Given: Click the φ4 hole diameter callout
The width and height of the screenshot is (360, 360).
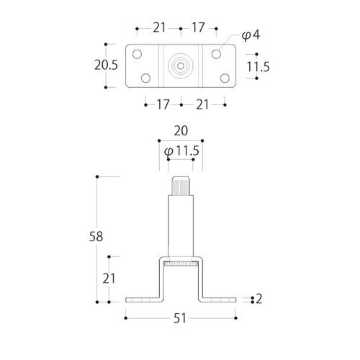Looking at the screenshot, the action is pos(251,35).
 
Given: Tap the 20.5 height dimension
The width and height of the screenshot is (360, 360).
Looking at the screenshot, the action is pos(106,65).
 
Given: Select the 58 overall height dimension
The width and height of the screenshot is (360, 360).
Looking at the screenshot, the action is pos(96,236).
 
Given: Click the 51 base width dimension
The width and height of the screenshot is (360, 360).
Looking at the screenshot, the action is pos(180,318).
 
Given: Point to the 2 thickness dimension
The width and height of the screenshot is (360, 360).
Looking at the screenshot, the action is pos(258,299).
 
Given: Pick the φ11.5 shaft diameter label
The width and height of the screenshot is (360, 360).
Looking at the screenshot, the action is pos(181,151).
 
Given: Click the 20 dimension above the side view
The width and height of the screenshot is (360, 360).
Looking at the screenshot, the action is pos(181,131).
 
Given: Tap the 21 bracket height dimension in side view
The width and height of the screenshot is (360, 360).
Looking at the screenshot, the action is pos(109,279).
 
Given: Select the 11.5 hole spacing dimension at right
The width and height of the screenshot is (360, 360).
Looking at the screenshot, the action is pos(258,66).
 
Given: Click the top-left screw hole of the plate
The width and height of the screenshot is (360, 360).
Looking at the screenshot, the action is pos(137,54).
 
